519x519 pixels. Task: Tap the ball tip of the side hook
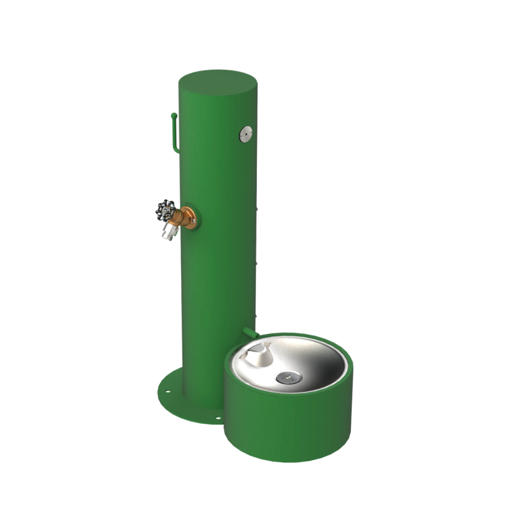pos(173,115)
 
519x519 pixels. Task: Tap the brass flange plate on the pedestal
pos(190,218)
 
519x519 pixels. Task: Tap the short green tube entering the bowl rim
pos(250,332)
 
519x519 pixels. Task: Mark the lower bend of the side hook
pos(175,149)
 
